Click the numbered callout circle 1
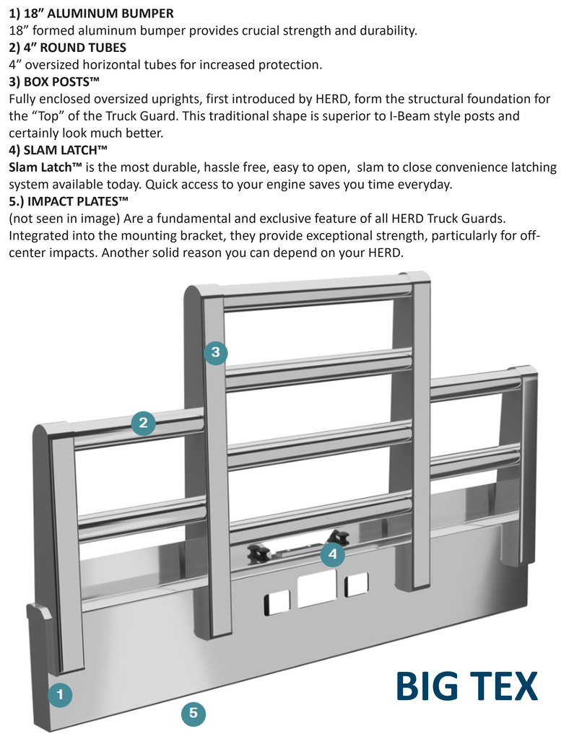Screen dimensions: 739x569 [60, 695]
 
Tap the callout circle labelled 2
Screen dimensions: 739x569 [143, 423]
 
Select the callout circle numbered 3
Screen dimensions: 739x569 [215, 353]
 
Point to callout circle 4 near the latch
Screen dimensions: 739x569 [331, 554]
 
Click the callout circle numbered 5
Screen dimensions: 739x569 [193, 713]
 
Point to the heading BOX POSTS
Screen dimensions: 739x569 [54, 82]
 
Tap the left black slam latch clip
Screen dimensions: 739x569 [259, 554]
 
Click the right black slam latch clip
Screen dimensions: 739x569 [338, 537]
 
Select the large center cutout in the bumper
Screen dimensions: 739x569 [317, 587]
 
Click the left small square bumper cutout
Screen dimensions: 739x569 [277, 602]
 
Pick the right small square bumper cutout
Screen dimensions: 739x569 [356, 584]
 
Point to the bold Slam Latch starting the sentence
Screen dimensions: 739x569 [45, 167]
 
